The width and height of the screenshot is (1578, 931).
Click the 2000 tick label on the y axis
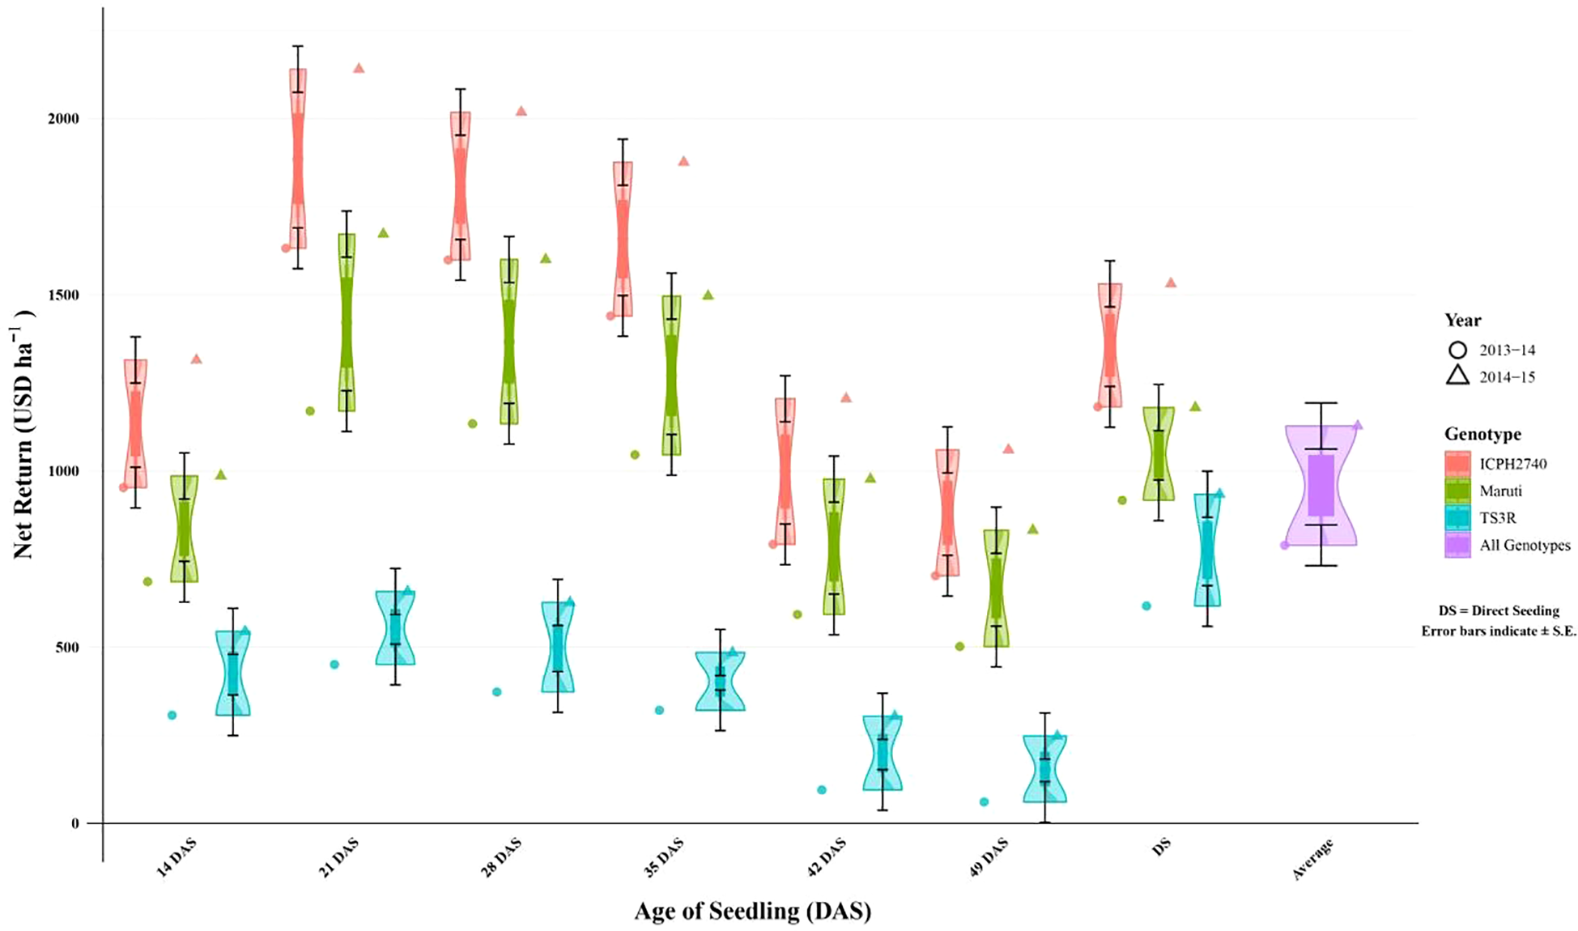point(62,118)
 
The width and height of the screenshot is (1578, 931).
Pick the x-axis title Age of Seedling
point(752,911)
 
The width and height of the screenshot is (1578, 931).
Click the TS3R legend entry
point(1497,518)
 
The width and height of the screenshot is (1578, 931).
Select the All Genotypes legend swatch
point(1457,545)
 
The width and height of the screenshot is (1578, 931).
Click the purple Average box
point(1321,485)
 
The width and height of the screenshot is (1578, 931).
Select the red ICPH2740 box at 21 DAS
point(298,158)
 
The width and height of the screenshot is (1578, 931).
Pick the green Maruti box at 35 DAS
point(671,375)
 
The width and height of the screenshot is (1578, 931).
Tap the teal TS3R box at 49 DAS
point(1044,768)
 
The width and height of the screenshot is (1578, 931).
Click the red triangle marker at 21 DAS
point(359,68)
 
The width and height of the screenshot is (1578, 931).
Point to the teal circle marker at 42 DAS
point(822,789)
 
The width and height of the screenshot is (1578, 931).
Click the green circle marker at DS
point(1122,500)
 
